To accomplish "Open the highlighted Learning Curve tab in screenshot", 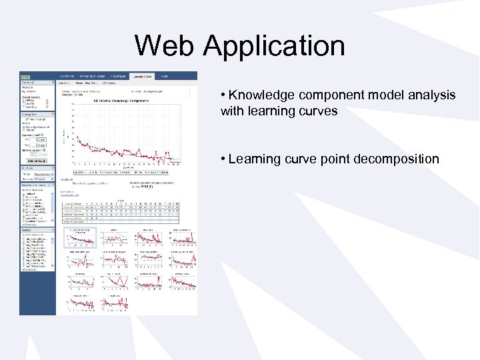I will point(141,76).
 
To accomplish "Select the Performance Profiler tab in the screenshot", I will point(92,76).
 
